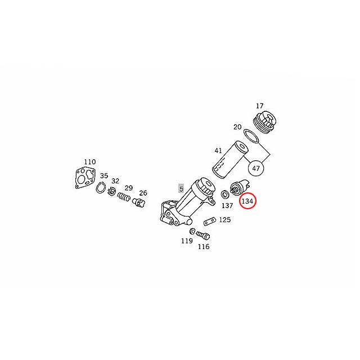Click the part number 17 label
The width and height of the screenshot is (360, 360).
(x=259, y=106)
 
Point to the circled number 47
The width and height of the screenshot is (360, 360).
(x=257, y=168)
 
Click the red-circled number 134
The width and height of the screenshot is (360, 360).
(x=248, y=201)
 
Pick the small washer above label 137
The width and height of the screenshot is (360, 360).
(x=224, y=194)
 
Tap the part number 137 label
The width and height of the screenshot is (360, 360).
(x=227, y=206)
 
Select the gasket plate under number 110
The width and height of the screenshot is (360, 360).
(x=86, y=176)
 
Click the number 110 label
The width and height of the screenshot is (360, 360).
(x=89, y=161)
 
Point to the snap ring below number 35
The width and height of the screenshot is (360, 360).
(x=103, y=188)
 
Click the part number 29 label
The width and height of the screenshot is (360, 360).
(x=129, y=187)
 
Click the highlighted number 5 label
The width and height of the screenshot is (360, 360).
(x=181, y=188)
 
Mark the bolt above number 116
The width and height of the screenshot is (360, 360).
(x=202, y=235)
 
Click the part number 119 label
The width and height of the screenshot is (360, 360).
(x=187, y=241)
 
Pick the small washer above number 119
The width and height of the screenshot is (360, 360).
(x=192, y=231)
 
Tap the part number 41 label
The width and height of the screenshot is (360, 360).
(x=218, y=150)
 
